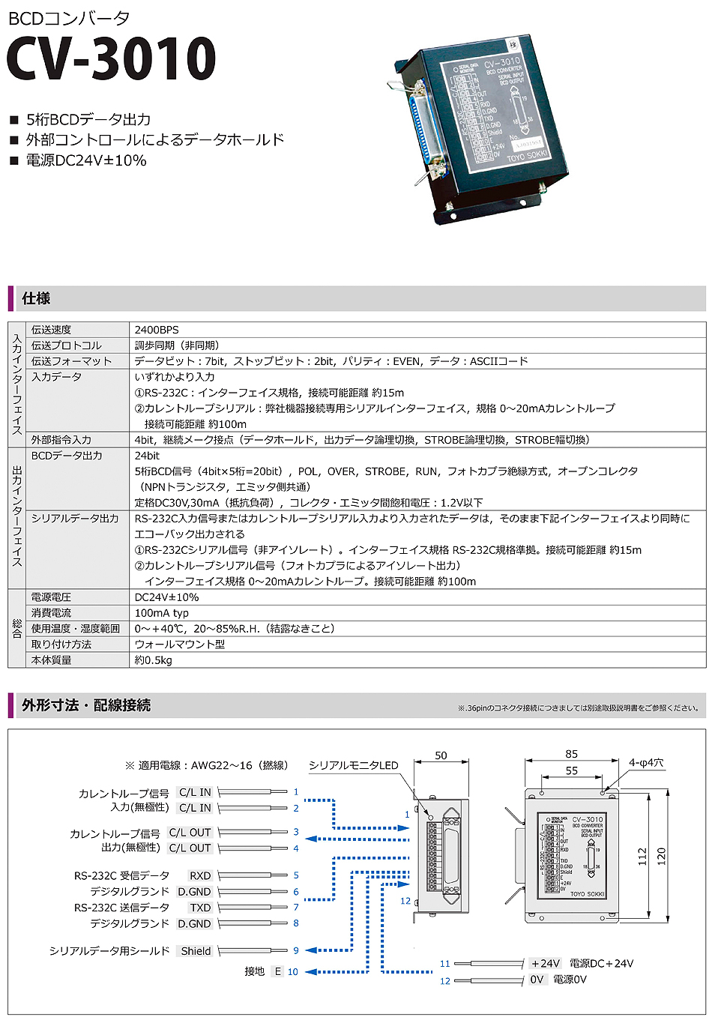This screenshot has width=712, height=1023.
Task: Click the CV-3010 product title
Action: click(111, 58)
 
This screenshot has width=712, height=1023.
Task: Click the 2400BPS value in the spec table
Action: click(157, 330)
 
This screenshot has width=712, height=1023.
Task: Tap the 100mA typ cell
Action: click(162, 613)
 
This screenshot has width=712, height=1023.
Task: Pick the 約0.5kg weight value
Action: click(154, 660)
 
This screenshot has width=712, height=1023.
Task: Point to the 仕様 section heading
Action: click(36, 298)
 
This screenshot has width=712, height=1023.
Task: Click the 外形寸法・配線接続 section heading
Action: click(86, 705)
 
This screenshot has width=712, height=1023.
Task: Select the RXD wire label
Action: click(200, 875)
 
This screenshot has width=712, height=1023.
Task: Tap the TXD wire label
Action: click(200, 908)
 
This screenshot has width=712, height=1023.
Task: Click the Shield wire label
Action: click(196, 951)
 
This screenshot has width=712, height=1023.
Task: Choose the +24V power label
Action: click(546, 964)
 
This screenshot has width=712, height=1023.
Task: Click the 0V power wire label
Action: click(537, 980)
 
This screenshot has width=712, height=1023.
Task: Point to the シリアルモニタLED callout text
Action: click(354, 765)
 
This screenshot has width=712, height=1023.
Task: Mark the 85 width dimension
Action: click(572, 755)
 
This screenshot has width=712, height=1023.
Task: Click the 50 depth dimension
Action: click(441, 755)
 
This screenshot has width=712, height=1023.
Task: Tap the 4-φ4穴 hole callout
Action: click(646, 763)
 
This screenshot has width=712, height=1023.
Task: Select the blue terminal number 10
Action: click(292, 972)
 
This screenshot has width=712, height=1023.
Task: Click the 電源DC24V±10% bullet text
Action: click(86, 160)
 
